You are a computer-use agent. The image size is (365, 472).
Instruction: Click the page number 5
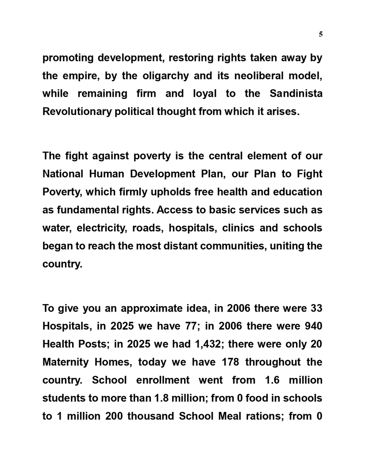(x=320, y=34)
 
